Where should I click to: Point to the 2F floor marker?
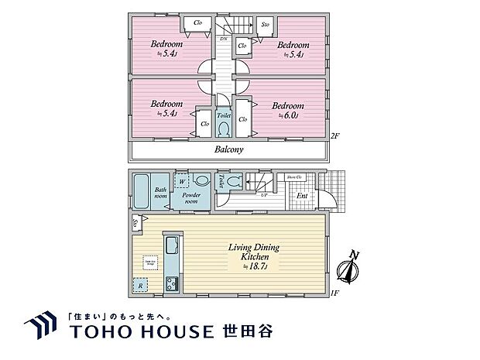[x=334, y=136]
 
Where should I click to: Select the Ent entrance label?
[x=302, y=195]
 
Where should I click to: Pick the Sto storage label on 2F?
[x=265, y=24]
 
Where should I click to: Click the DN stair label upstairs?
[x=223, y=38]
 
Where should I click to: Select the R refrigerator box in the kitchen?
[x=140, y=286]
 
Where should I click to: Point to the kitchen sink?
[x=172, y=249]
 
